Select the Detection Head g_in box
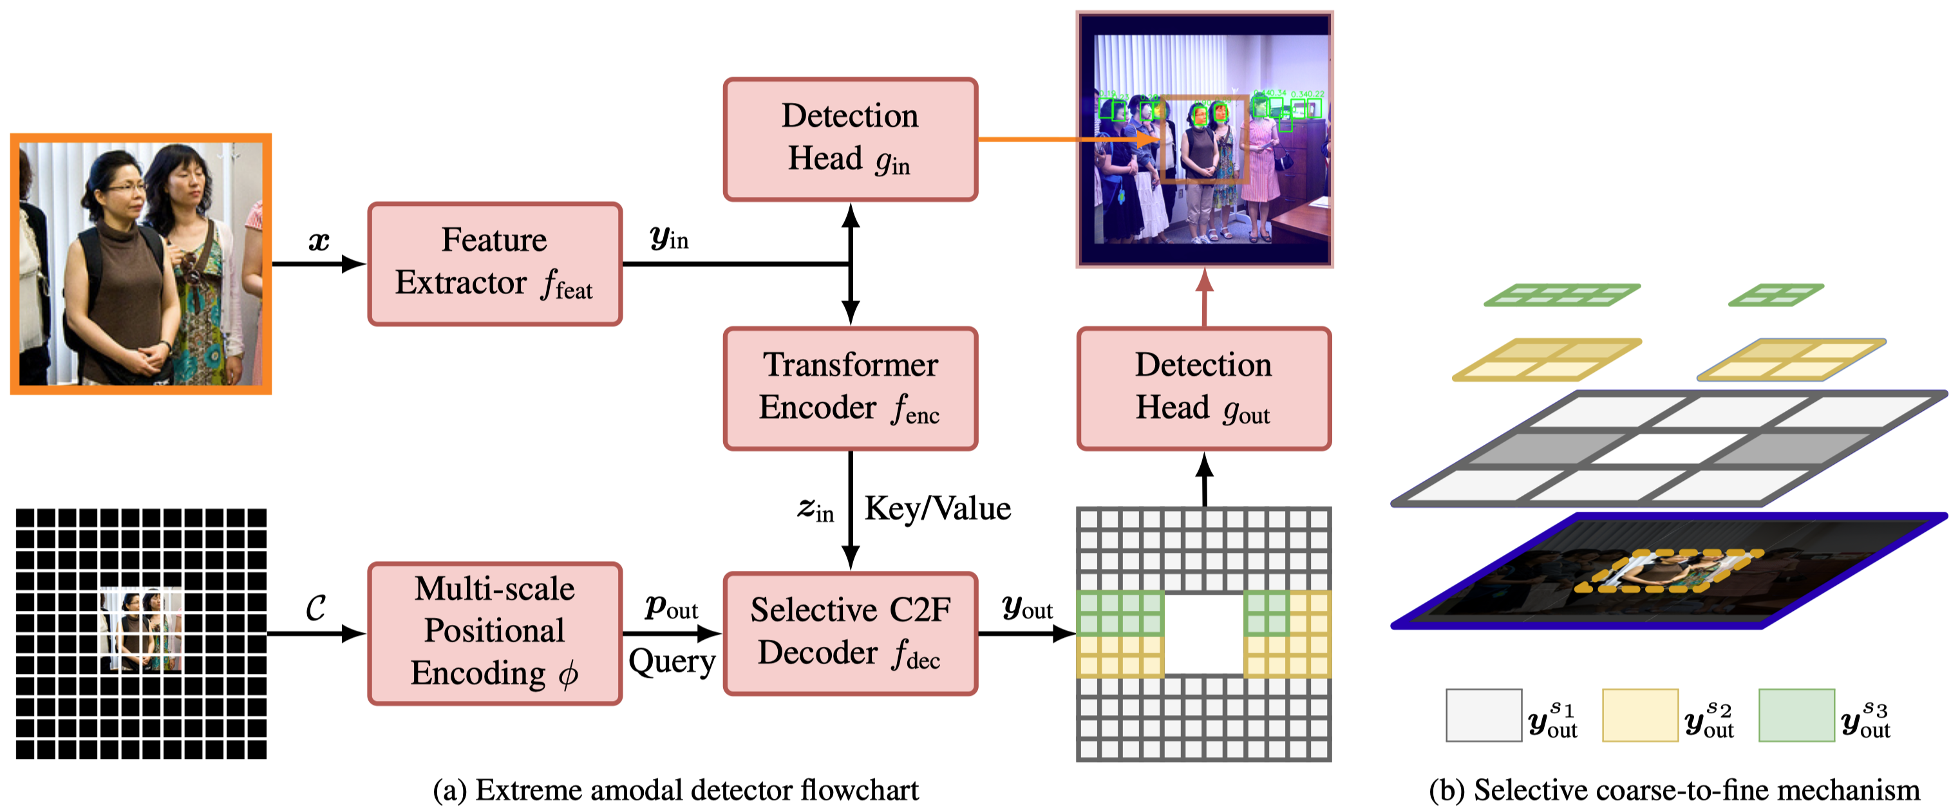(850, 139)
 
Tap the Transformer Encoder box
(850, 388)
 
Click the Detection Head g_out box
(1203, 388)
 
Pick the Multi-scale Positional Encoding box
(495, 632)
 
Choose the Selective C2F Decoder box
(850, 632)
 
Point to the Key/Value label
(938, 508)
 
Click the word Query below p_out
(671, 661)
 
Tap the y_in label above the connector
(669, 238)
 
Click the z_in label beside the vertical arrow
(815, 509)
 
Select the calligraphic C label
(316, 607)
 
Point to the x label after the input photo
(319, 241)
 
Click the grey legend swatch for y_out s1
(1483, 714)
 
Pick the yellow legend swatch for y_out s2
(1640, 714)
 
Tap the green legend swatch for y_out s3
(1796, 714)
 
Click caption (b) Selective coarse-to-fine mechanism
(1674, 790)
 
